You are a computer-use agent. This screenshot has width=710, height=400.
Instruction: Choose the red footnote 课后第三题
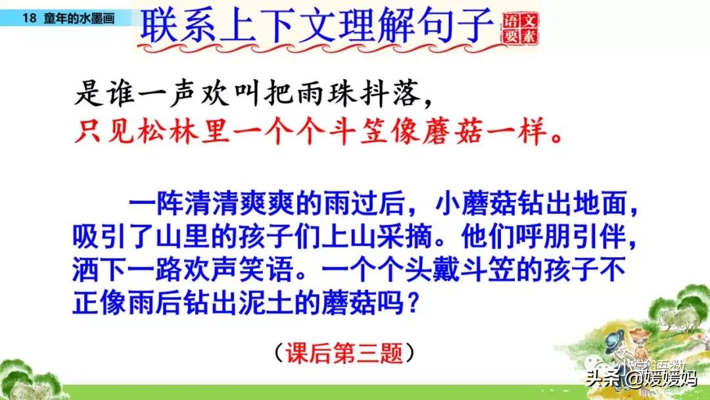[x=346, y=353]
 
